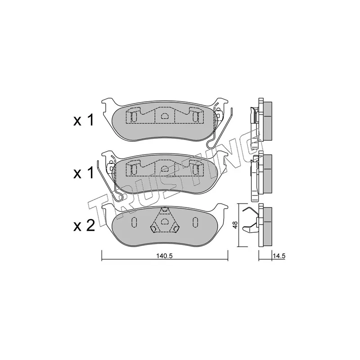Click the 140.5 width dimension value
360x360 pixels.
tap(164, 256)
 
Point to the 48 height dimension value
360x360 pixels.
tap(235, 225)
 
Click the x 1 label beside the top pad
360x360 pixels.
tap(84, 120)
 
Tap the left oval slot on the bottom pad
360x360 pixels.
tap(134, 222)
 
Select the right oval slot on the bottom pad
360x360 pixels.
tap(195, 222)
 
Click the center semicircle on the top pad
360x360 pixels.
tap(164, 117)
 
